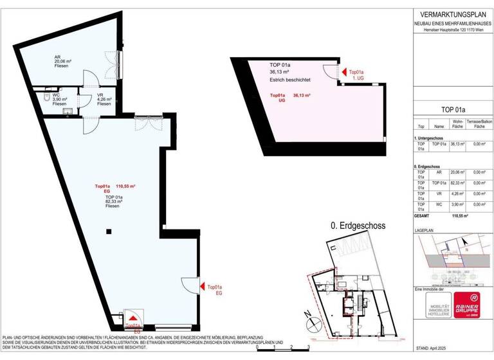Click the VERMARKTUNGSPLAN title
click(x=452, y=14)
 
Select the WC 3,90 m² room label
click(x=41, y=100)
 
